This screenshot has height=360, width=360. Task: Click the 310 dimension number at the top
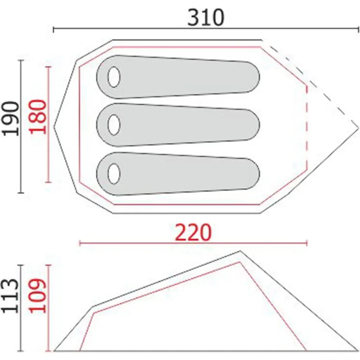pos(206,18)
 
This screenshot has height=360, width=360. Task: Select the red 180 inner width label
pos(38,117)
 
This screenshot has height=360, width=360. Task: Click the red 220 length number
pos(193,232)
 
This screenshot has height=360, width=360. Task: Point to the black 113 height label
pos(10,296)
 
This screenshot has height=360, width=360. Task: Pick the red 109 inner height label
pos(38,296)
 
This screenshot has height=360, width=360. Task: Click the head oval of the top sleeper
pos(114,77)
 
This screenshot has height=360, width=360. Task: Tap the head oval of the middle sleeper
pos(114,125)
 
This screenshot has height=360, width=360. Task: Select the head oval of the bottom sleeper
pos(114,174)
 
